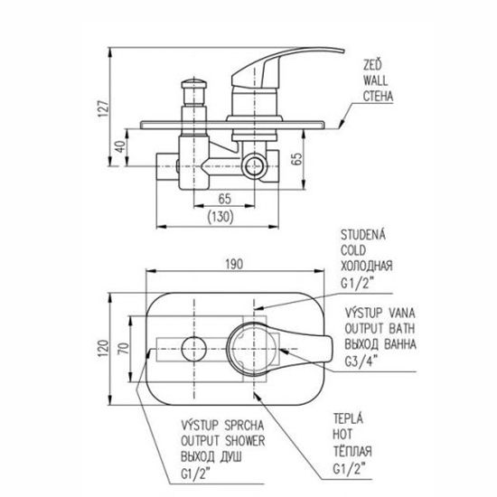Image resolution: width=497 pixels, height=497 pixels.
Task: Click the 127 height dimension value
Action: [x=104, y=108]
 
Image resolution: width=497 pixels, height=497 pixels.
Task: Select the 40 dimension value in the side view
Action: [x=120, y=146]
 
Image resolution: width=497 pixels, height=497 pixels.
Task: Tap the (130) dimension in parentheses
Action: [x=220, y=217]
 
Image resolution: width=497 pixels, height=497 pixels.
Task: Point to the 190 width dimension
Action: [x=234, y=264]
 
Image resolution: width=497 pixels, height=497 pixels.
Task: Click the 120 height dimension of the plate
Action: [x=103, y=348]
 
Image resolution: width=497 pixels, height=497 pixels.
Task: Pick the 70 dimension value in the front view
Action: [x=124, y=348]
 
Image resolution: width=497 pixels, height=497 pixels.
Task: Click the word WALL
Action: [x=375, y=80]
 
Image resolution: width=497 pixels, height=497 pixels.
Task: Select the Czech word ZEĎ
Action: [x=372, y=65]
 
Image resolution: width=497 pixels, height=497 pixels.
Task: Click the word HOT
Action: [x=342, y=435]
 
